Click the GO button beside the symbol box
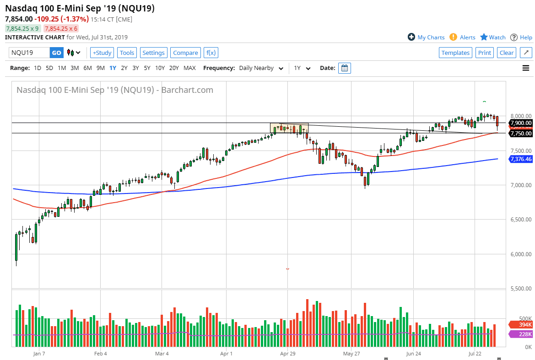click(56, 53)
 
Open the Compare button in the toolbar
click(185, 53)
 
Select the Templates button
click(455, 53)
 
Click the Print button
click(485, 53)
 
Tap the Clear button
click(507, 53)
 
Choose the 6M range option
click(87, 68)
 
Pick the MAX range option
click(189, 68)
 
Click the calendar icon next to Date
click(345, 68)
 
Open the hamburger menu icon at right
click(526, 68)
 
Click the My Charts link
click(426, 38)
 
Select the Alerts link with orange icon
click(463, 38)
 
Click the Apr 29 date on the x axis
click(287, 353)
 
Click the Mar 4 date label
click(162, 353)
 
